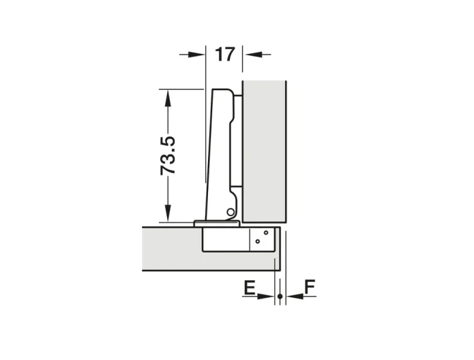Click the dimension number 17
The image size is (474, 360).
[224, 55]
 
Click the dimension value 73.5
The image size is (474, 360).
[168, 155]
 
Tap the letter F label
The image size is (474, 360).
[310, 287]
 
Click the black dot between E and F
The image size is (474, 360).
[280, 296]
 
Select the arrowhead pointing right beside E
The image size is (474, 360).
[265, 296]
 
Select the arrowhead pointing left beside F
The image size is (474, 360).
[295, 296]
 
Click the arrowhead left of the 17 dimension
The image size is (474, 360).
[196, 55]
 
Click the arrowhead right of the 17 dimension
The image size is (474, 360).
[253, 55]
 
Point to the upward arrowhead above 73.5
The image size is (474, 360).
[168, 98]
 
